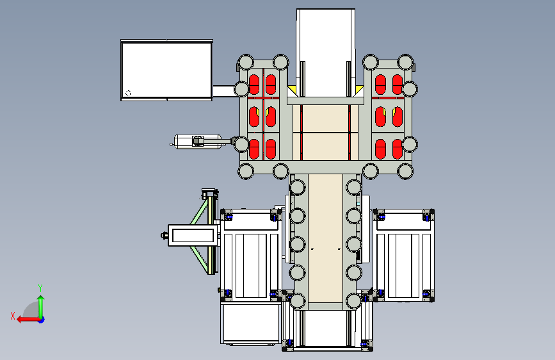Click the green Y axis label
pyautogui.click(x=40, y=288)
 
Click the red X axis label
pyautogui.click(x=13, y=316)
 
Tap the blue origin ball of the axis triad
pyautogui.click(x=42, y=320)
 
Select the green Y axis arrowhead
pyautogui.click(x=41, y=299)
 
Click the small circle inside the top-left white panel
pyautogui.click(x=128, y=93)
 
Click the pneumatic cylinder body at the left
pyautogui.click(x=198, y=142)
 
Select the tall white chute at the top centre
pyautogui.click(x=326, y=53)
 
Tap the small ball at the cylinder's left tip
pyautogui.click(x=172, y=144)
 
